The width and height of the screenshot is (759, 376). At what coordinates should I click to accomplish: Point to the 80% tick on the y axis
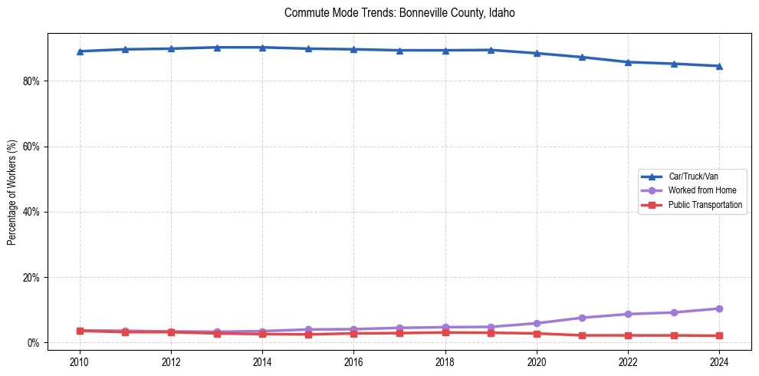[x=31, y=81]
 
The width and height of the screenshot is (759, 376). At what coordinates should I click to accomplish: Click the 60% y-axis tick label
[x=31, y=147]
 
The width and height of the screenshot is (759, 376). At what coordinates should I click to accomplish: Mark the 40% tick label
[x=31, y=212]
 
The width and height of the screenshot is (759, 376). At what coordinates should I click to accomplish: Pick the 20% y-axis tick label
[x=31, y=277]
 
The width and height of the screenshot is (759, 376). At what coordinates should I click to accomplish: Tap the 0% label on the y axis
[x=33, y=343]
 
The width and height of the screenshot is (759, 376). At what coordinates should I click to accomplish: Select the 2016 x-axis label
[x=353, y=361]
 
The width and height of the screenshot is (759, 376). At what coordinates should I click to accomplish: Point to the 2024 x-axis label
[x=719, y=361]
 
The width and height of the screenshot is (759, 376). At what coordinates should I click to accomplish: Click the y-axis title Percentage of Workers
[x=12, y=193]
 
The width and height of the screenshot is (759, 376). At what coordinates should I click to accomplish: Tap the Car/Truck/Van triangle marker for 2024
[x=719, y=66]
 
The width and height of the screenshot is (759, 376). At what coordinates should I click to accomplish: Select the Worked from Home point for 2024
[x=719, y=308]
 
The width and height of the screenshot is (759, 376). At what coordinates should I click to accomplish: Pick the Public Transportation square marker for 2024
[x=719, y=335]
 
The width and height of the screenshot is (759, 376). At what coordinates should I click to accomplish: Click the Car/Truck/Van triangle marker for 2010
[x=80, y=51]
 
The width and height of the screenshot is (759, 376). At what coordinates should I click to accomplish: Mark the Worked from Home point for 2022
[x=628, y=314]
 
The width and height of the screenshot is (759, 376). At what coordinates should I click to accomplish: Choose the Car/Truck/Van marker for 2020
[x=537, y=53]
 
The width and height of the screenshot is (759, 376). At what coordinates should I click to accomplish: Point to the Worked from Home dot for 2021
[x=582, y=318]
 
